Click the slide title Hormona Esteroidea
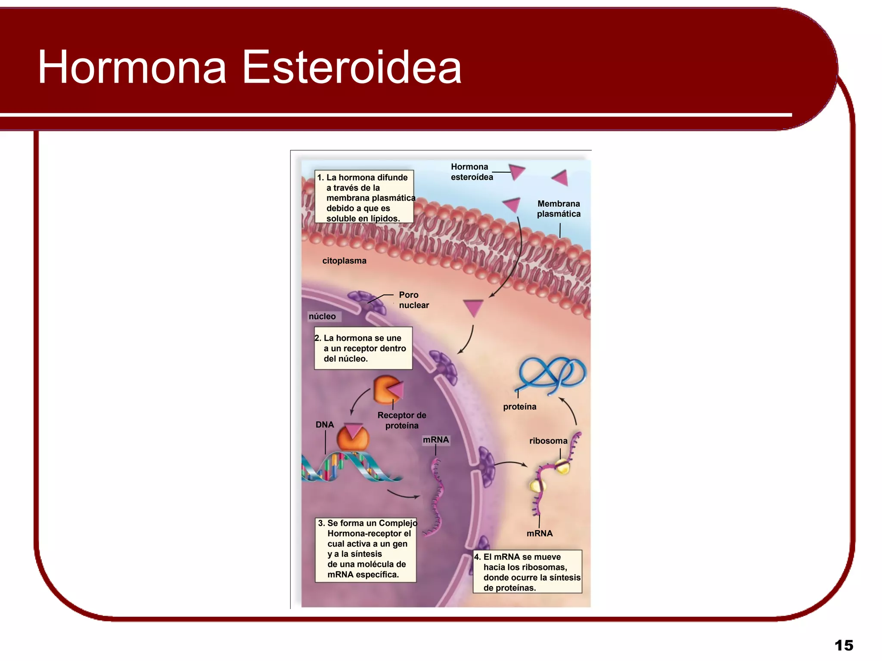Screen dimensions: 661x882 point(250,67)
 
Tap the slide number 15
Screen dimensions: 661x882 point(843,645)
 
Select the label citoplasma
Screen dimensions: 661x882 point(344,261)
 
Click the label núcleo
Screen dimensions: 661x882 point(322,316)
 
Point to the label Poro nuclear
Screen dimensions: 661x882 point(413,300)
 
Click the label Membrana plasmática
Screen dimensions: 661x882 point(559,209)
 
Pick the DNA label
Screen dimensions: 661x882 point(325,425)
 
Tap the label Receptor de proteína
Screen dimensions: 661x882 point(402,420)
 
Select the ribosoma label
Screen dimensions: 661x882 point(548,441)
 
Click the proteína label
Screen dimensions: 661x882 point(520,407)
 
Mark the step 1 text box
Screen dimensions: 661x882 point(364,197)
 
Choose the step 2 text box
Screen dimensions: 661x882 point(363,348)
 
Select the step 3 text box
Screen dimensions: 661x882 point(366,549)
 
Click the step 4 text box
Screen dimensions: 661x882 point(528,572)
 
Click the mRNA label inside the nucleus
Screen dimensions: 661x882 point(436,440)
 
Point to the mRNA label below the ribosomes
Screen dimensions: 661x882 point(540,534)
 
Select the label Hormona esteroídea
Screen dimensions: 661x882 point(471,172)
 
